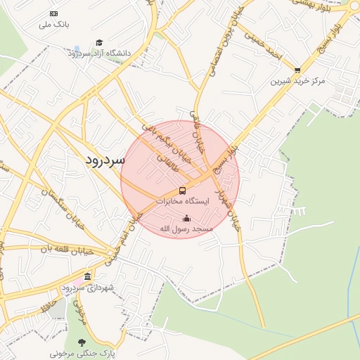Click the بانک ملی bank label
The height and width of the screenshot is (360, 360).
tap(53, 25)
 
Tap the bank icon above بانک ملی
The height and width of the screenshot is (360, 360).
tap(54, 14)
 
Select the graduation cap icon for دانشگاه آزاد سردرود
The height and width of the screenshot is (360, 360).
tap(99, 43)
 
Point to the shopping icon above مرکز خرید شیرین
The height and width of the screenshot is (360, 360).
tap(298, 70)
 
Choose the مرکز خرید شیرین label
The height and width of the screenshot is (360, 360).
tap(298, 81)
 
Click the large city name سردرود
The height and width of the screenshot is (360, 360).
tap(104, 160)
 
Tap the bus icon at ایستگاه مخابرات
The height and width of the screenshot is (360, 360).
tap(183, 191)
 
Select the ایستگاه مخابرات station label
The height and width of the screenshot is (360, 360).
tap(183, 201)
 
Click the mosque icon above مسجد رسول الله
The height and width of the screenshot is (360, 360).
tap(186, 218)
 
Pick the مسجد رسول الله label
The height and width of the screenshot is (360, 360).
tap(186, 229)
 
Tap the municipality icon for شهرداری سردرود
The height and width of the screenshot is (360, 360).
tap(87, 276)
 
